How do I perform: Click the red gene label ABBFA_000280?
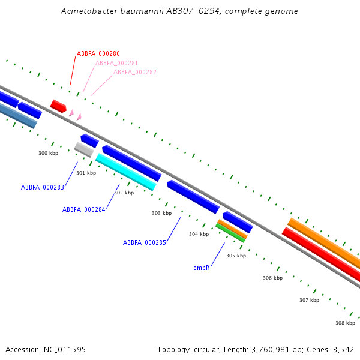click(98, 53)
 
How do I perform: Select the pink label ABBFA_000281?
click(116, 63)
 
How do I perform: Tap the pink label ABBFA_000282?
click(135, 72)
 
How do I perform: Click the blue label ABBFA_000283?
click(43, 187)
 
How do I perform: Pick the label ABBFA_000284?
click(84, 209)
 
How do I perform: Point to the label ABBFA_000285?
click(145, 242)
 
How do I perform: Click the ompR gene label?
click(201, 268)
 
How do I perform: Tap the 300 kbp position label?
click(49, 153)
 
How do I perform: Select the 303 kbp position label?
click(161, 213)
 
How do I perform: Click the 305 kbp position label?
click(236, 256)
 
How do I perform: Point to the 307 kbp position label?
click(309, 300)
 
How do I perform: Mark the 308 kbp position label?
click(345, 323)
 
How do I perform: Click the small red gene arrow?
click(58, 106)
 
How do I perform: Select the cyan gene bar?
click(126, 172)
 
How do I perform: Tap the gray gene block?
click(83, 149)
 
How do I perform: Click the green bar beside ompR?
click(230, 233)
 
